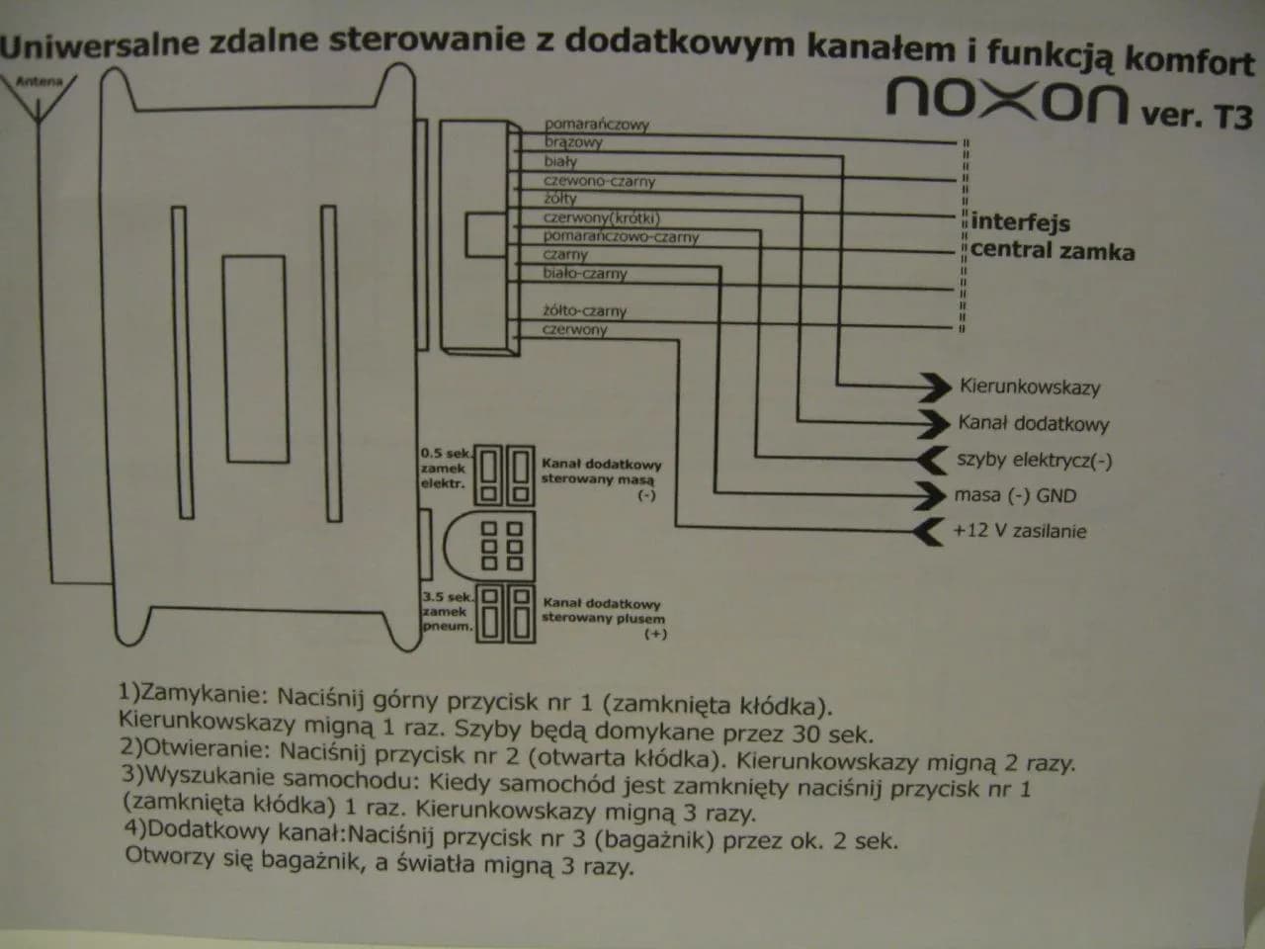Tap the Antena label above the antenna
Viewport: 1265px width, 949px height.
coord(40,82)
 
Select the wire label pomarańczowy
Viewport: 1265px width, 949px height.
coord(596,125)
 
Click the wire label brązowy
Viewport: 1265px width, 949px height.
coord(573,142)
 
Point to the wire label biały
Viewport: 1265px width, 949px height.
coord(560,161)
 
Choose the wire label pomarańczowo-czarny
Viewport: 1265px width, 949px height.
coord(621,237)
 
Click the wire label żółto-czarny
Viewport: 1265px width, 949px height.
coord(584,311)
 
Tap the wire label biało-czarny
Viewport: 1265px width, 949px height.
coord(584,274)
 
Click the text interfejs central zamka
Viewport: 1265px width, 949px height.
coord(1052,236)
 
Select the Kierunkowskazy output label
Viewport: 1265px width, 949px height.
coord(1029,388)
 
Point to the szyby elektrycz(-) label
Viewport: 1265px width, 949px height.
coord(1034,460)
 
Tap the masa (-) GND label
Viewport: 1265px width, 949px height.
coord(1015,495)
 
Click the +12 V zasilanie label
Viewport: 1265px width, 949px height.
coord(1019,531)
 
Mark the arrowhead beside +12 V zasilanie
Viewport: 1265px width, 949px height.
coord(929,531)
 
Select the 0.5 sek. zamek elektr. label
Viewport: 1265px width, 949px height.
coord(444,469)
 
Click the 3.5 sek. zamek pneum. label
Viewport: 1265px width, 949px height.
coord(447,612)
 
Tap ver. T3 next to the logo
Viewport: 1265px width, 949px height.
coord(1196,116)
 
